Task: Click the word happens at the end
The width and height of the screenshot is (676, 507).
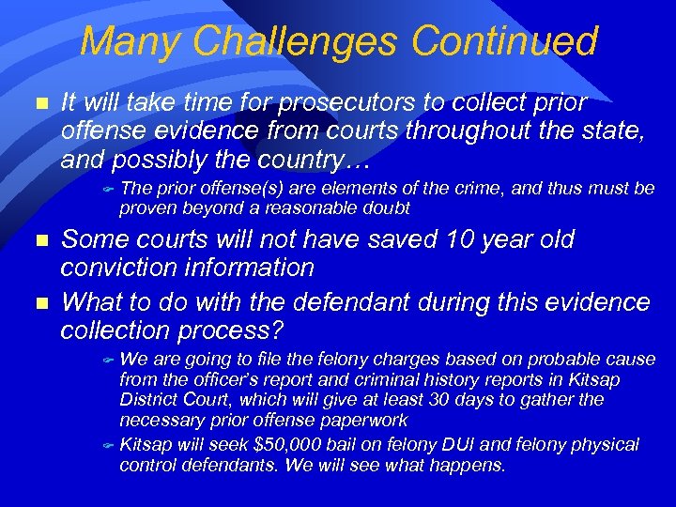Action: click(x=466, y=465)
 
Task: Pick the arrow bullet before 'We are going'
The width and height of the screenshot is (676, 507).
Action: click(x=107, y=360)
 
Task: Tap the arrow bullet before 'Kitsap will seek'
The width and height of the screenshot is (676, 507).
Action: click(x=107, y=444)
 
